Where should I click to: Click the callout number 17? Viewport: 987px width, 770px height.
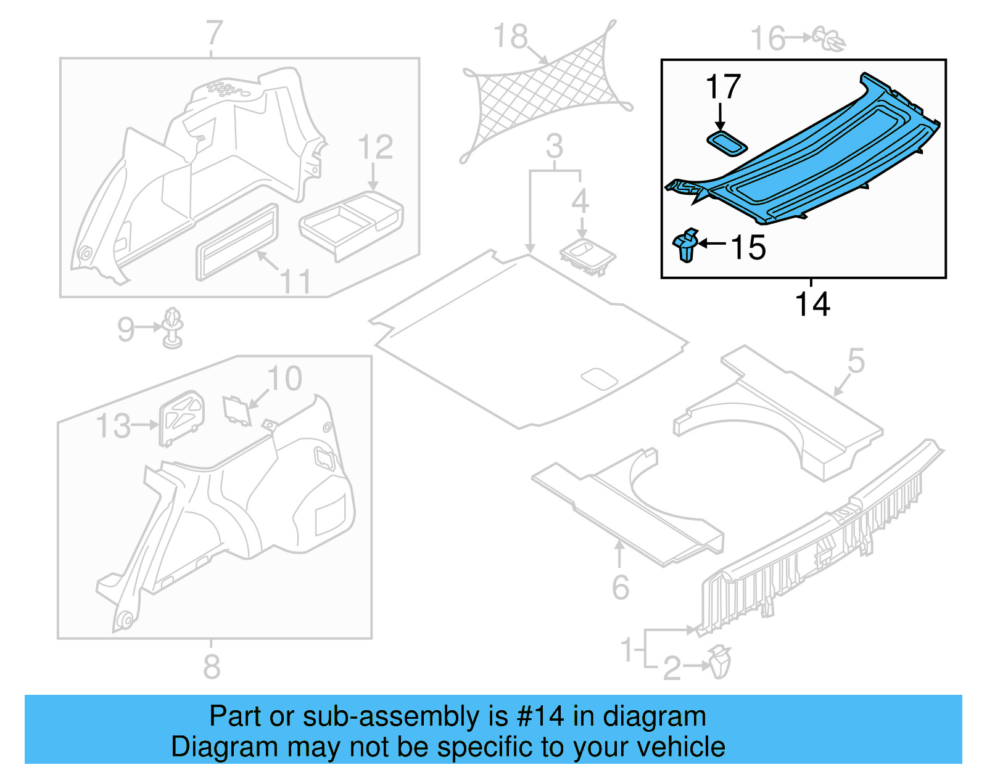point(722,87)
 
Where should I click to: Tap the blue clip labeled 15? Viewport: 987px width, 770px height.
point(686,245)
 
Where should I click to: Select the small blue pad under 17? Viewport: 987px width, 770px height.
point(727,143)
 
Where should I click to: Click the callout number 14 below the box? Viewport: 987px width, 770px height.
point(812,305)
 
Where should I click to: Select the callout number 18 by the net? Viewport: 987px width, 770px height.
point(511,37)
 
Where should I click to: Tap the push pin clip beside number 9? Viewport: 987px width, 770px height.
point(173,329)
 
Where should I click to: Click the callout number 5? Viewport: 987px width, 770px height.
point(856,361)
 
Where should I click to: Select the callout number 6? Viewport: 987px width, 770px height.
point(620,587)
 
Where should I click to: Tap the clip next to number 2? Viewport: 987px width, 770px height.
point(719,663)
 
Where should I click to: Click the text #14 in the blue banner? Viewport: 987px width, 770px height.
point(540,717)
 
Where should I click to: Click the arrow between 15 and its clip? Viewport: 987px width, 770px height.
point(712,244)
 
